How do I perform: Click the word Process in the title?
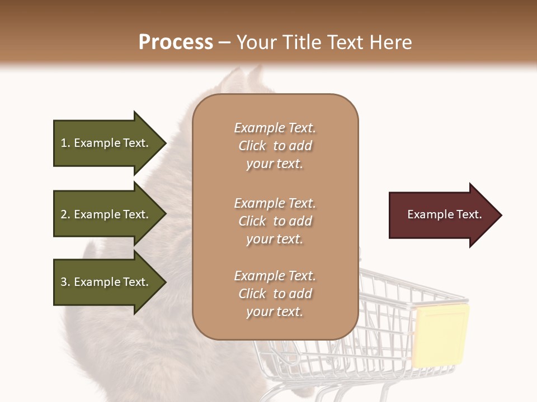pyautogui.click(x=176, y=42)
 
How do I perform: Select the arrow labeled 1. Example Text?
pyautogui.click(x=106, y=143)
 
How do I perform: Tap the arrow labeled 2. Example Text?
pyautogui.click(x=106, y=214)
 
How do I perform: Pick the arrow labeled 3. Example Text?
pyautogui.click(x=106, y=282)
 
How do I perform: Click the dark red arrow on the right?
pyautogui.click(x=442, y=215)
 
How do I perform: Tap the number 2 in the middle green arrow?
pyautogui.click(x=64, y=214)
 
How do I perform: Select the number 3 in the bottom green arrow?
pyautogui.click(x=64, y=282)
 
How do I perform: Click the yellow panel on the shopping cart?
pyautogui.click(x=440, y=335)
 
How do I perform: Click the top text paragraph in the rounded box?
pyautogui.click(x=275, y=146)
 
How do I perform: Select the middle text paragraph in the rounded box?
pyautogui.click(x=275, y=221)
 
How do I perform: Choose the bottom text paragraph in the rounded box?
pyautogui.click(x=275, y=294)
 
